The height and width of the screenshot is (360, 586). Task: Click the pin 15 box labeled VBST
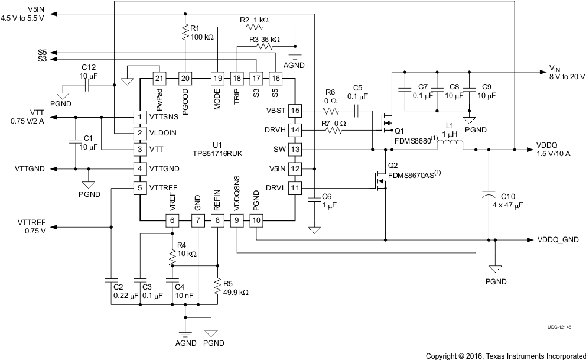click(295, 111)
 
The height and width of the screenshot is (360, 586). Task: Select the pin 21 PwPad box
click(158, 78)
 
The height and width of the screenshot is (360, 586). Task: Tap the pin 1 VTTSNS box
click(139, 117)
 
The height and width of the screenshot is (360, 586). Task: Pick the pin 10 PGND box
click(256, 220)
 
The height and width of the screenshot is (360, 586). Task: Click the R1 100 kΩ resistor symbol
click(186, 30)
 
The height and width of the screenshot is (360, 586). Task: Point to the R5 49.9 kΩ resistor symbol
click(217, 288)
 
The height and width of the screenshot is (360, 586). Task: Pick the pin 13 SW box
click(295, 150)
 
